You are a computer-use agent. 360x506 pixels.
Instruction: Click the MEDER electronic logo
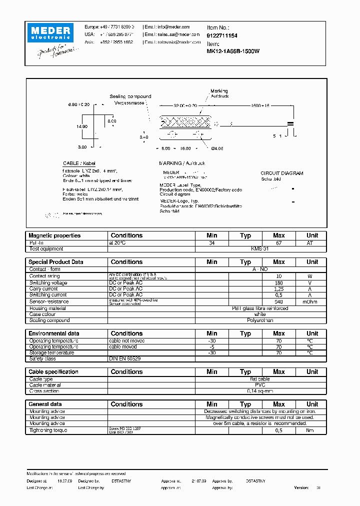[51, 33]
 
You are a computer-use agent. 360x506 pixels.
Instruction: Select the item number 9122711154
[222, 36]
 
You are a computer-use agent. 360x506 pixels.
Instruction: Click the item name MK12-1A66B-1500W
[233, 51]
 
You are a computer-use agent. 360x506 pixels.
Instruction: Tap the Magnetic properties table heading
[54, 235]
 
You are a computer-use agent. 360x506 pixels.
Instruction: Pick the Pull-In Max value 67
[278, 242]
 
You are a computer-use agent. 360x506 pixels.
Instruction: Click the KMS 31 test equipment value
[260, 248]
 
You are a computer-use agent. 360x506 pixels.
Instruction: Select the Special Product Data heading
[56, 262]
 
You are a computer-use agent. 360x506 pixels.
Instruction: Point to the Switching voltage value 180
[278, 283]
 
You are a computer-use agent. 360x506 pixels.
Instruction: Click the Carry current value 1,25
[278, 289]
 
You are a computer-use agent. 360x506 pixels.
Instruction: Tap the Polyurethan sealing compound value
[260, 320]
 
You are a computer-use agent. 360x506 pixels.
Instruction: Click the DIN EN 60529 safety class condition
[124, 358]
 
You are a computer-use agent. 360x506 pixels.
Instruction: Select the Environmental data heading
[54, 333]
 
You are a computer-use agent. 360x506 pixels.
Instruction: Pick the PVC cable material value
[260, 385]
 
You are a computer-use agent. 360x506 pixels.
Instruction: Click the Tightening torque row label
[48, 430]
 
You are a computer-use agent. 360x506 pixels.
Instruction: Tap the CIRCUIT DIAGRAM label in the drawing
[282, 173]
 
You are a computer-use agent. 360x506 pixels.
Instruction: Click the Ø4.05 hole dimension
[218, 148]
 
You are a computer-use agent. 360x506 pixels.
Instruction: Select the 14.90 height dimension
[82, 126]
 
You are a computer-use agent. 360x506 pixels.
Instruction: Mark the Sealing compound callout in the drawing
[130, 96]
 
